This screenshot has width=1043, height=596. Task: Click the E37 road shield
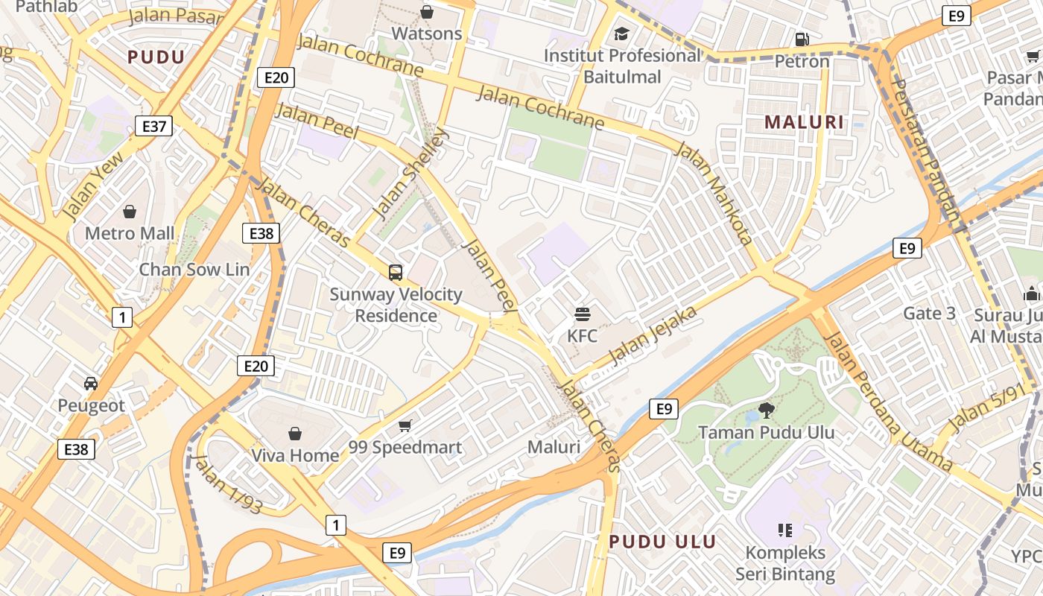(x=154, y=126)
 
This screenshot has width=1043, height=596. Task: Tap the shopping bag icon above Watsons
(x=427, y=12)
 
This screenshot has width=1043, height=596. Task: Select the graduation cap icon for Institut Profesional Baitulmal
(x=621, y=34)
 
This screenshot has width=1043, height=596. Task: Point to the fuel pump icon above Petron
(x=802, y=39)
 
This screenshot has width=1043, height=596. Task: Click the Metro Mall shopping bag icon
(x=130, y=212)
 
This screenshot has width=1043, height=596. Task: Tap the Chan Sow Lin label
(x=194, y=269)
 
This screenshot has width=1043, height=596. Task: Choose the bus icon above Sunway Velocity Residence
(x=396, y=273)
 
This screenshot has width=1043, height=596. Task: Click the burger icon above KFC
(x=582, y=314)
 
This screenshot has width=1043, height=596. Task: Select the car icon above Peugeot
(x=91, y=384)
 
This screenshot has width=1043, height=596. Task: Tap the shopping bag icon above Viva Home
(x=295, y=434)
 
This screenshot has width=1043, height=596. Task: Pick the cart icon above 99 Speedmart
(x=405, y=425)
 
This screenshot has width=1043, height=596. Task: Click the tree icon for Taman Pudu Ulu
(x=766, y=410)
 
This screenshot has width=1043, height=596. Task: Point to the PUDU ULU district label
(x=662, y=542)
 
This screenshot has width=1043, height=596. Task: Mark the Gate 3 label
(x=929, y=314)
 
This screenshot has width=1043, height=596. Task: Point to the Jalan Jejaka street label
(x=653, y=335)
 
